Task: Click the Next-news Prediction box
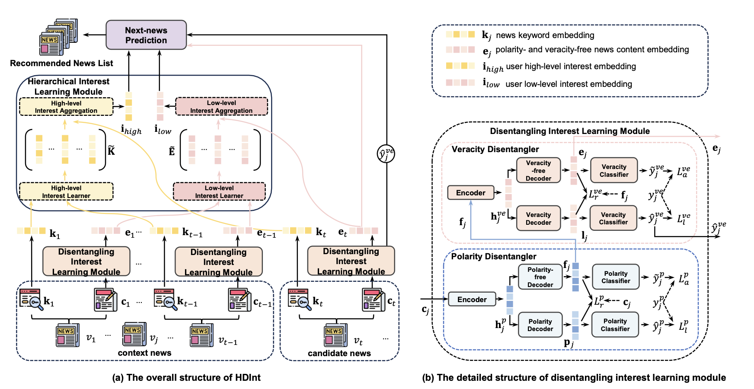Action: click(146, 35)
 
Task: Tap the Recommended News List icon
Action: click(58, 38)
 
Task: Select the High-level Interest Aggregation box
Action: click(66, 107)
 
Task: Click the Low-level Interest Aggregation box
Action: click(221, 107)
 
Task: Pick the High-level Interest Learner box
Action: click(66, 191)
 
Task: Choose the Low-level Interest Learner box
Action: click(219, 191)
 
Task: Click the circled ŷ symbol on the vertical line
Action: click(386, 153)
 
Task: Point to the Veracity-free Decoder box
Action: click(538, 170)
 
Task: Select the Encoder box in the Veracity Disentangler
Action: click(470, 193)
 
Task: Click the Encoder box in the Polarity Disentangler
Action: click(472, 299)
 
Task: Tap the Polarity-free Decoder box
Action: click(540, 277)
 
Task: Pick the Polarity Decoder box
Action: click(540, 325)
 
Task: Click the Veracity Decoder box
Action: click(538, 218)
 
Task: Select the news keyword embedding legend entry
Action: click(545, 35)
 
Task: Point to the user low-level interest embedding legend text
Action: click(569, 84)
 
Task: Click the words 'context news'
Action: click(144, 353)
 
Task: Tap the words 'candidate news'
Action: click(339, 353)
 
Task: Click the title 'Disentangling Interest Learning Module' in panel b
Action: click(569, 131)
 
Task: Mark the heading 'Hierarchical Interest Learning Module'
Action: click(68, 86)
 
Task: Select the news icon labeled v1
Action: click(67, 335)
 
